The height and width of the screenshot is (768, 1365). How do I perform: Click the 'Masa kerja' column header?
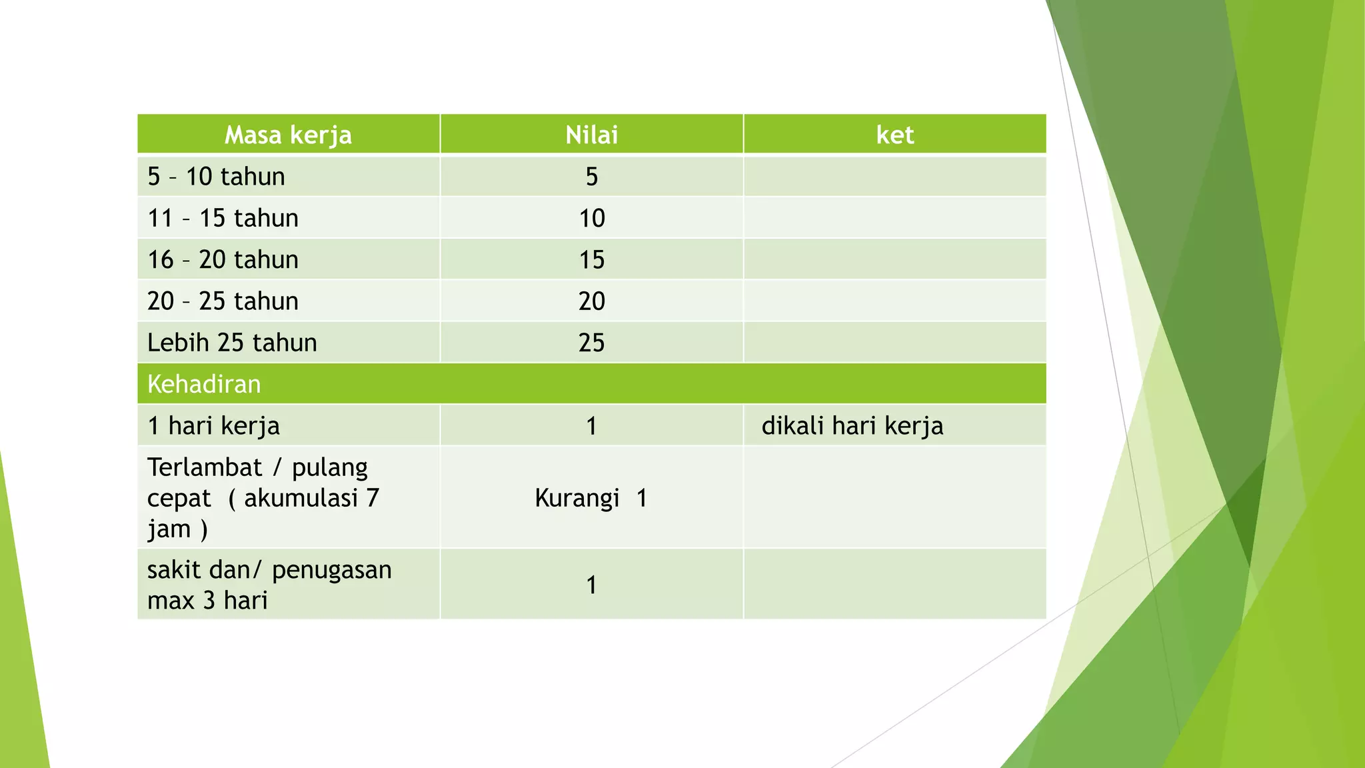click(288, 135)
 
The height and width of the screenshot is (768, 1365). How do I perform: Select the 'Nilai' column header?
click(591, 135)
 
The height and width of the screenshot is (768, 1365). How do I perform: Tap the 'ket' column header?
click(894, 135)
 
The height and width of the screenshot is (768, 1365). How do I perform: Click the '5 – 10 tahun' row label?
click(216, 177)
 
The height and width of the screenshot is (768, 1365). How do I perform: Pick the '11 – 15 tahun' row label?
click(223, 218)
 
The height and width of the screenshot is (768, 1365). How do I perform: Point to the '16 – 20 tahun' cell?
click(223, 259)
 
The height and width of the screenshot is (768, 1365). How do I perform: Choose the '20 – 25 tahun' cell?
click(223, 301)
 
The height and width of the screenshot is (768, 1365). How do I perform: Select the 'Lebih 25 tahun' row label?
click(232, 343)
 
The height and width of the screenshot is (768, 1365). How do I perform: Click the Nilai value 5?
click(591, 177)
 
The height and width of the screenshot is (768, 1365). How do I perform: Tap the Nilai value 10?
click(591, 218)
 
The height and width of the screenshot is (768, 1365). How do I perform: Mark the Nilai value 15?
click(591, 259)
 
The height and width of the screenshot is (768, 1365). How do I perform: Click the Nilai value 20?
click(591, 301)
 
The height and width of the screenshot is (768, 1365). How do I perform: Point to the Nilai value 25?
click(591, 343)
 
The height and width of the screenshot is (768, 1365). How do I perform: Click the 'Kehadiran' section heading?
click(204, 384)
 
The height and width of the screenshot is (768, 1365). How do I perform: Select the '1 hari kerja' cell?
click(213, 425)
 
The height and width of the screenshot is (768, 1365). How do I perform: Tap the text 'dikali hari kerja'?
click(852, 425)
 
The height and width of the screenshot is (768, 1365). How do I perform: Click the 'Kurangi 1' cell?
click(591, 498)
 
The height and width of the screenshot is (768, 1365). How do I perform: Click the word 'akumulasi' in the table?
click(301, 498)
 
